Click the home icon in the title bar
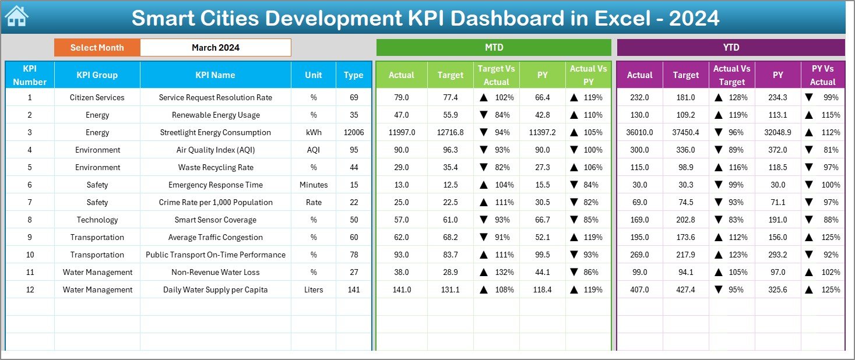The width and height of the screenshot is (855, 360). pos(16,16)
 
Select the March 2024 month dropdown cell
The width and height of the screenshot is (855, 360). pos(216,48)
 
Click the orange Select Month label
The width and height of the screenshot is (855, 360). pos(97,48)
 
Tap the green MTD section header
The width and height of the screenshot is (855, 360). pos(494,47)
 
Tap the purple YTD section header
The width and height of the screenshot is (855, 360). pos(731,47)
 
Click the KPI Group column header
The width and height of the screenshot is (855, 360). pos(97,75)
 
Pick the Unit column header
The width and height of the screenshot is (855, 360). pos(314,75)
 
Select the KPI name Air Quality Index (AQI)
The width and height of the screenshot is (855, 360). pos(216,150)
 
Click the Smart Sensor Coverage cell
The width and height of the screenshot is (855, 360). pos(216,220)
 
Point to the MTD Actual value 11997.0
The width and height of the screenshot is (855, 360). pos(402,132)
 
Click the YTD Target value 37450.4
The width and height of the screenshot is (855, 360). pos(685,132)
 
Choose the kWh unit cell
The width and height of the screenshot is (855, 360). pos(314,132)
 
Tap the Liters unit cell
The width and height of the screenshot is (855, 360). pos(314,290)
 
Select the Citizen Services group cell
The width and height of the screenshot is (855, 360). pos(97,97)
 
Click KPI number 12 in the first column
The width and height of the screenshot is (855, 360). pos(30,290)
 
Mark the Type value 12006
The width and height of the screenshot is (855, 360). pos(354,132)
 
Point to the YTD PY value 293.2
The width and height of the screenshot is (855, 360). pos(777,255)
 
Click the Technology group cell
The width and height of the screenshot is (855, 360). pos(97,220)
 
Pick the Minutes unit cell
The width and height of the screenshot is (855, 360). pos(314,185)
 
